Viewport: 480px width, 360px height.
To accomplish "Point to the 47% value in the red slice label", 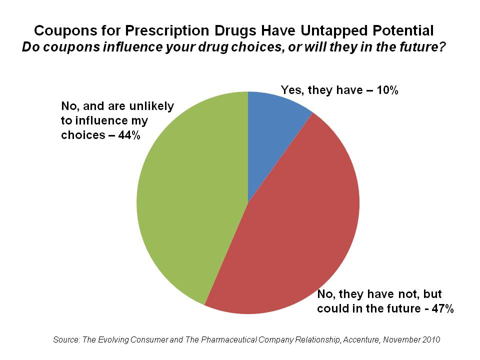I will point(442,308).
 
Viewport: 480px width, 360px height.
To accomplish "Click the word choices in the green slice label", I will point(82,135).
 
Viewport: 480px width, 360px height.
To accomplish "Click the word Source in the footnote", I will point(66,339).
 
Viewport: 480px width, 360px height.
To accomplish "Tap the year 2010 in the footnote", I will point(430,339).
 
